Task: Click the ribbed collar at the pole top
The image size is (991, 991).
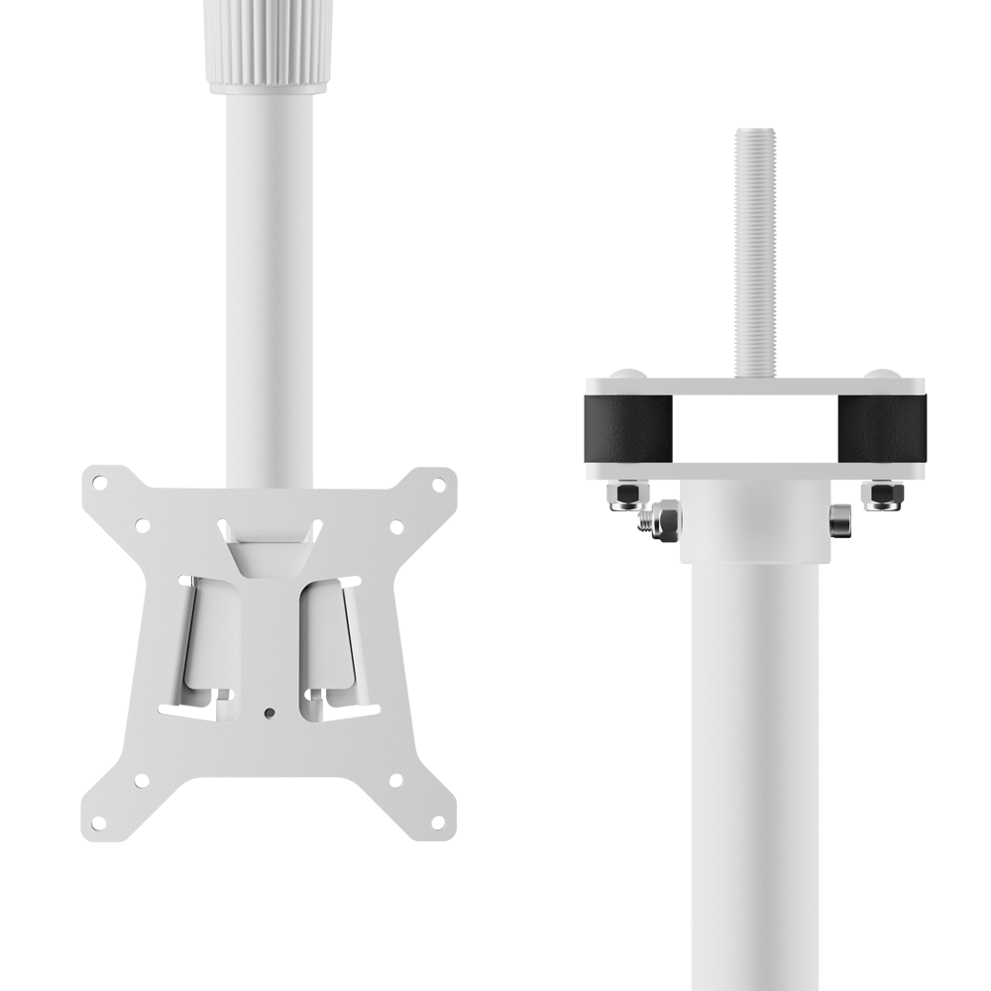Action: click(x=268, y=45)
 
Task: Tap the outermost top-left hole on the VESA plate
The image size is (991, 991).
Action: click(x=99, y=483)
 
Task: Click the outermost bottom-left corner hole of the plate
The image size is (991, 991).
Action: click(x=99, y=822)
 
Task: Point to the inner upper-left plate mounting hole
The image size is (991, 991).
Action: click(x=141, y=525)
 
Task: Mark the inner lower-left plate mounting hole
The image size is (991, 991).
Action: click(x=141, y=781)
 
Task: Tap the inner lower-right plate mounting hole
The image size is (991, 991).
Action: click(x=395, y=781)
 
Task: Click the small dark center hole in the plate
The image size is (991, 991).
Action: click(x=269, y=712)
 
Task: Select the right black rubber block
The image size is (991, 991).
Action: click(x=881, y=428)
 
